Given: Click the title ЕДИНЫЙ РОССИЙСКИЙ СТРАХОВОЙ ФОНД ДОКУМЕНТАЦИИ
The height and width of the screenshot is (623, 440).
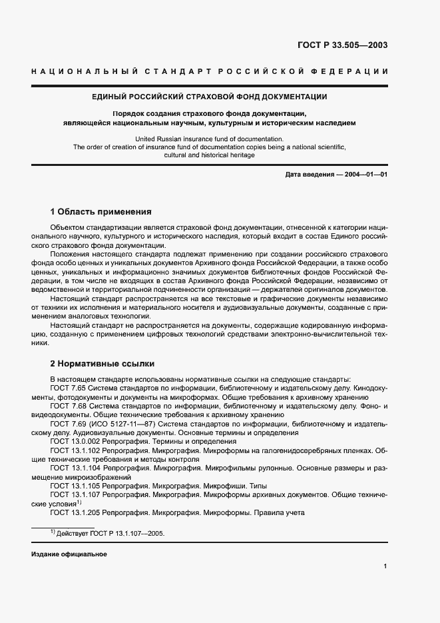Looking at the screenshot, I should click(209, 97).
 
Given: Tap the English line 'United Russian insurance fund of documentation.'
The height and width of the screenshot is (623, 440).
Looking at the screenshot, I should click(209, 138).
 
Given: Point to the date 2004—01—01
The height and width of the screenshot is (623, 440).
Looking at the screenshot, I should click(364, 175).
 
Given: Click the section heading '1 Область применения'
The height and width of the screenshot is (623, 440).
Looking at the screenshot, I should click(101, 212).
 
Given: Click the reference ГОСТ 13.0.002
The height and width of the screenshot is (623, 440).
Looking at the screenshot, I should click(76, 442).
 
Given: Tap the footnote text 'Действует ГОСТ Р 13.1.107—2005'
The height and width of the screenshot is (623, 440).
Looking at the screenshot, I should click(110, 534).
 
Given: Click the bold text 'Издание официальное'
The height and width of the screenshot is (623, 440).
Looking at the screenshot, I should click(69, 554).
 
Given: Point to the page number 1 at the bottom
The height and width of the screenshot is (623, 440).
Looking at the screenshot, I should click(385, 566).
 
